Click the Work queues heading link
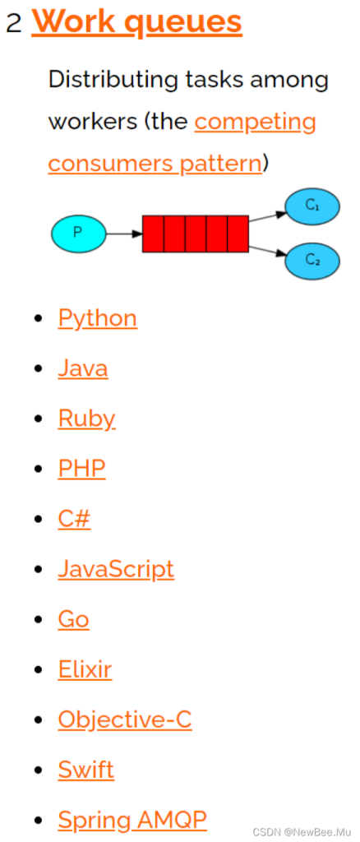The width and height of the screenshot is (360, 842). pyautogui.click(x=136, y=21)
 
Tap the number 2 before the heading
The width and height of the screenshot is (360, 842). pyautogui.click(x=14, y=22)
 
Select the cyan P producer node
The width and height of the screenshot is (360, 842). pyautogui.click(x=79, y=234)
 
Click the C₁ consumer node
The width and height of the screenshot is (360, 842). pyautogui.click(x=312, y=206)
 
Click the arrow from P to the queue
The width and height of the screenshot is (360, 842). pyautogui.click(x=124, y=234)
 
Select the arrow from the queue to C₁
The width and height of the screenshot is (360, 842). pyautogui.click(x=267, y=216)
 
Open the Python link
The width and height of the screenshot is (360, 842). pyautogui.click(x=98, y=319)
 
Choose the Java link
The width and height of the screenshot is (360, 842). pyautogui.click(x=83, y=368)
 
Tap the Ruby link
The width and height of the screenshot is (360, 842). pyautogui.click(x=87, y=419)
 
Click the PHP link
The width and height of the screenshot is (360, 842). pyautogui.click(x=82, y=469)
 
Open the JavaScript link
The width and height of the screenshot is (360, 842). pyautogui.click(x=116, y=570)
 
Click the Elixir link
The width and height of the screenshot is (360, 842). pyautogui.click(x=85, y=669)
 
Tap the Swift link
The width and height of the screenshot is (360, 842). pyautogui.click(x=86, y=770)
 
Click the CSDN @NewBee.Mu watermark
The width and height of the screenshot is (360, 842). pyautogui.click(x=302, y=832)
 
